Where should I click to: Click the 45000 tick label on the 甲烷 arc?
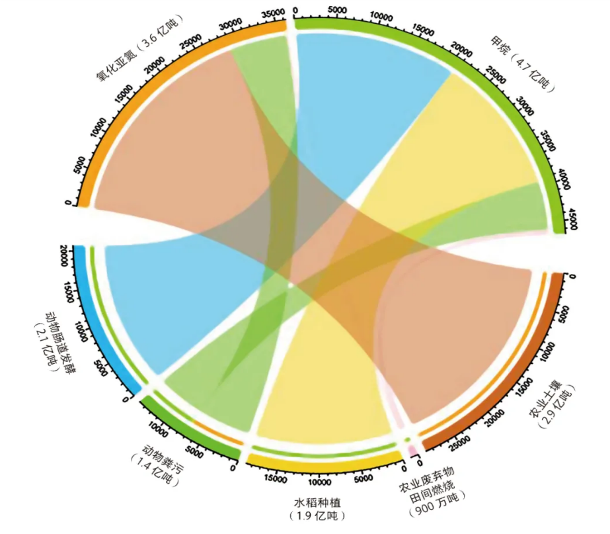click(572, 218)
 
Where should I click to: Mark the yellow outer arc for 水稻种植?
click(324, 461)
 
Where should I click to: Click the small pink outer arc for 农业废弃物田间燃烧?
click(413, 452)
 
